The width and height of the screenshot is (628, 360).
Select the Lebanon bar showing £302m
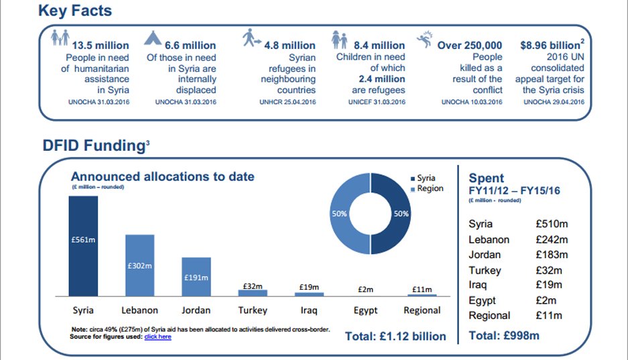[139, 265]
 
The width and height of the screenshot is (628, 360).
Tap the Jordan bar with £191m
[196, 276]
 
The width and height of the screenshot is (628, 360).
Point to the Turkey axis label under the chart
[252, 310]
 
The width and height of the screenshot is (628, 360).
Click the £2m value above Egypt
[365, 288]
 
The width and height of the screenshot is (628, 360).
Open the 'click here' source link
[158, 337]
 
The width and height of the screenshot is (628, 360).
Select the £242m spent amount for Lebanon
[552, 239]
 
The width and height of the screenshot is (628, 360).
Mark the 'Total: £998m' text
[503, 335]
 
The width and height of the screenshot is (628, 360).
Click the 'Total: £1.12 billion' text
[395, 336]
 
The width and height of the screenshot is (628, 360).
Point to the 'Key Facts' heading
[75, 11]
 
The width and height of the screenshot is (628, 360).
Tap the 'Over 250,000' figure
[469, 46]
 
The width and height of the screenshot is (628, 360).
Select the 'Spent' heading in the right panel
[487, 178]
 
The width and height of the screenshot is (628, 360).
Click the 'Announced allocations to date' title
[163, 177]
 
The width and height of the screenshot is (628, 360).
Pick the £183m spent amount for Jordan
[552, 255]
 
